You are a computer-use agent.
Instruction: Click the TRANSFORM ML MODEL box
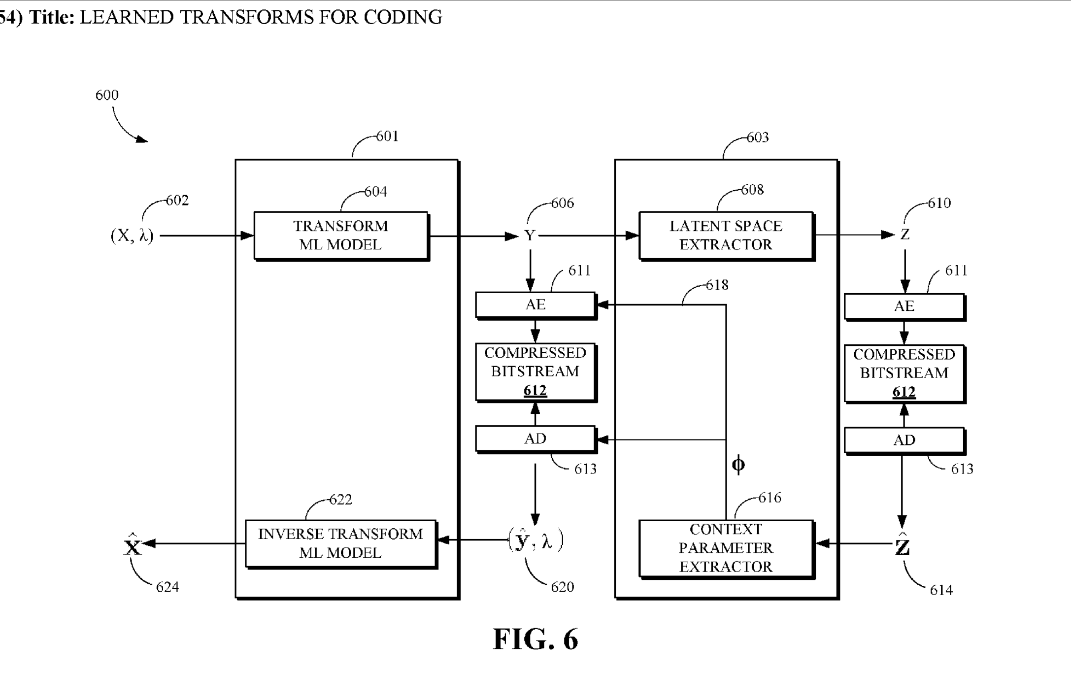(340, 236)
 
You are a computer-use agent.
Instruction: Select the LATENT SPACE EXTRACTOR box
(726, 236)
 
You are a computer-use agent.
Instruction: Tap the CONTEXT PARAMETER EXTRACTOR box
(726, 548)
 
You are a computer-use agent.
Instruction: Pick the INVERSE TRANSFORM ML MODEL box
(340, 543)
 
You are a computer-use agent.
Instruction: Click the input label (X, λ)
(132, 236)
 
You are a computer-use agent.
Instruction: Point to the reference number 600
(107, 95)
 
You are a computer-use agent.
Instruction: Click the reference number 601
(387, 136)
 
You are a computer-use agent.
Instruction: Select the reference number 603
(757, 137)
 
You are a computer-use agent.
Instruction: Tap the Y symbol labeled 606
(530, 236)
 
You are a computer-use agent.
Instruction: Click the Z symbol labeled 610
(904, 235)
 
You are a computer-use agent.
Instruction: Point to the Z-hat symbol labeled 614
(902, 545)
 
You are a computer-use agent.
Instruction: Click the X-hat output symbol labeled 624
(132, 545)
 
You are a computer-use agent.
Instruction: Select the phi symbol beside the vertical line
(738, 465)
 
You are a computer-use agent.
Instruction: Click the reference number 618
(717, 285)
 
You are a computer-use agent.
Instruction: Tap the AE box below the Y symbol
(535, 305)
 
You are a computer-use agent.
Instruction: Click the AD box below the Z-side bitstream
(904, 440)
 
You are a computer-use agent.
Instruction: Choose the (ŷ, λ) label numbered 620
(535, 540)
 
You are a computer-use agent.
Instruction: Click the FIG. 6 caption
(535, 639)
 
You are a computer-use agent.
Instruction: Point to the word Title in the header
(52, 17)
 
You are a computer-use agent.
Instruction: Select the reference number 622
(340, 500)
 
